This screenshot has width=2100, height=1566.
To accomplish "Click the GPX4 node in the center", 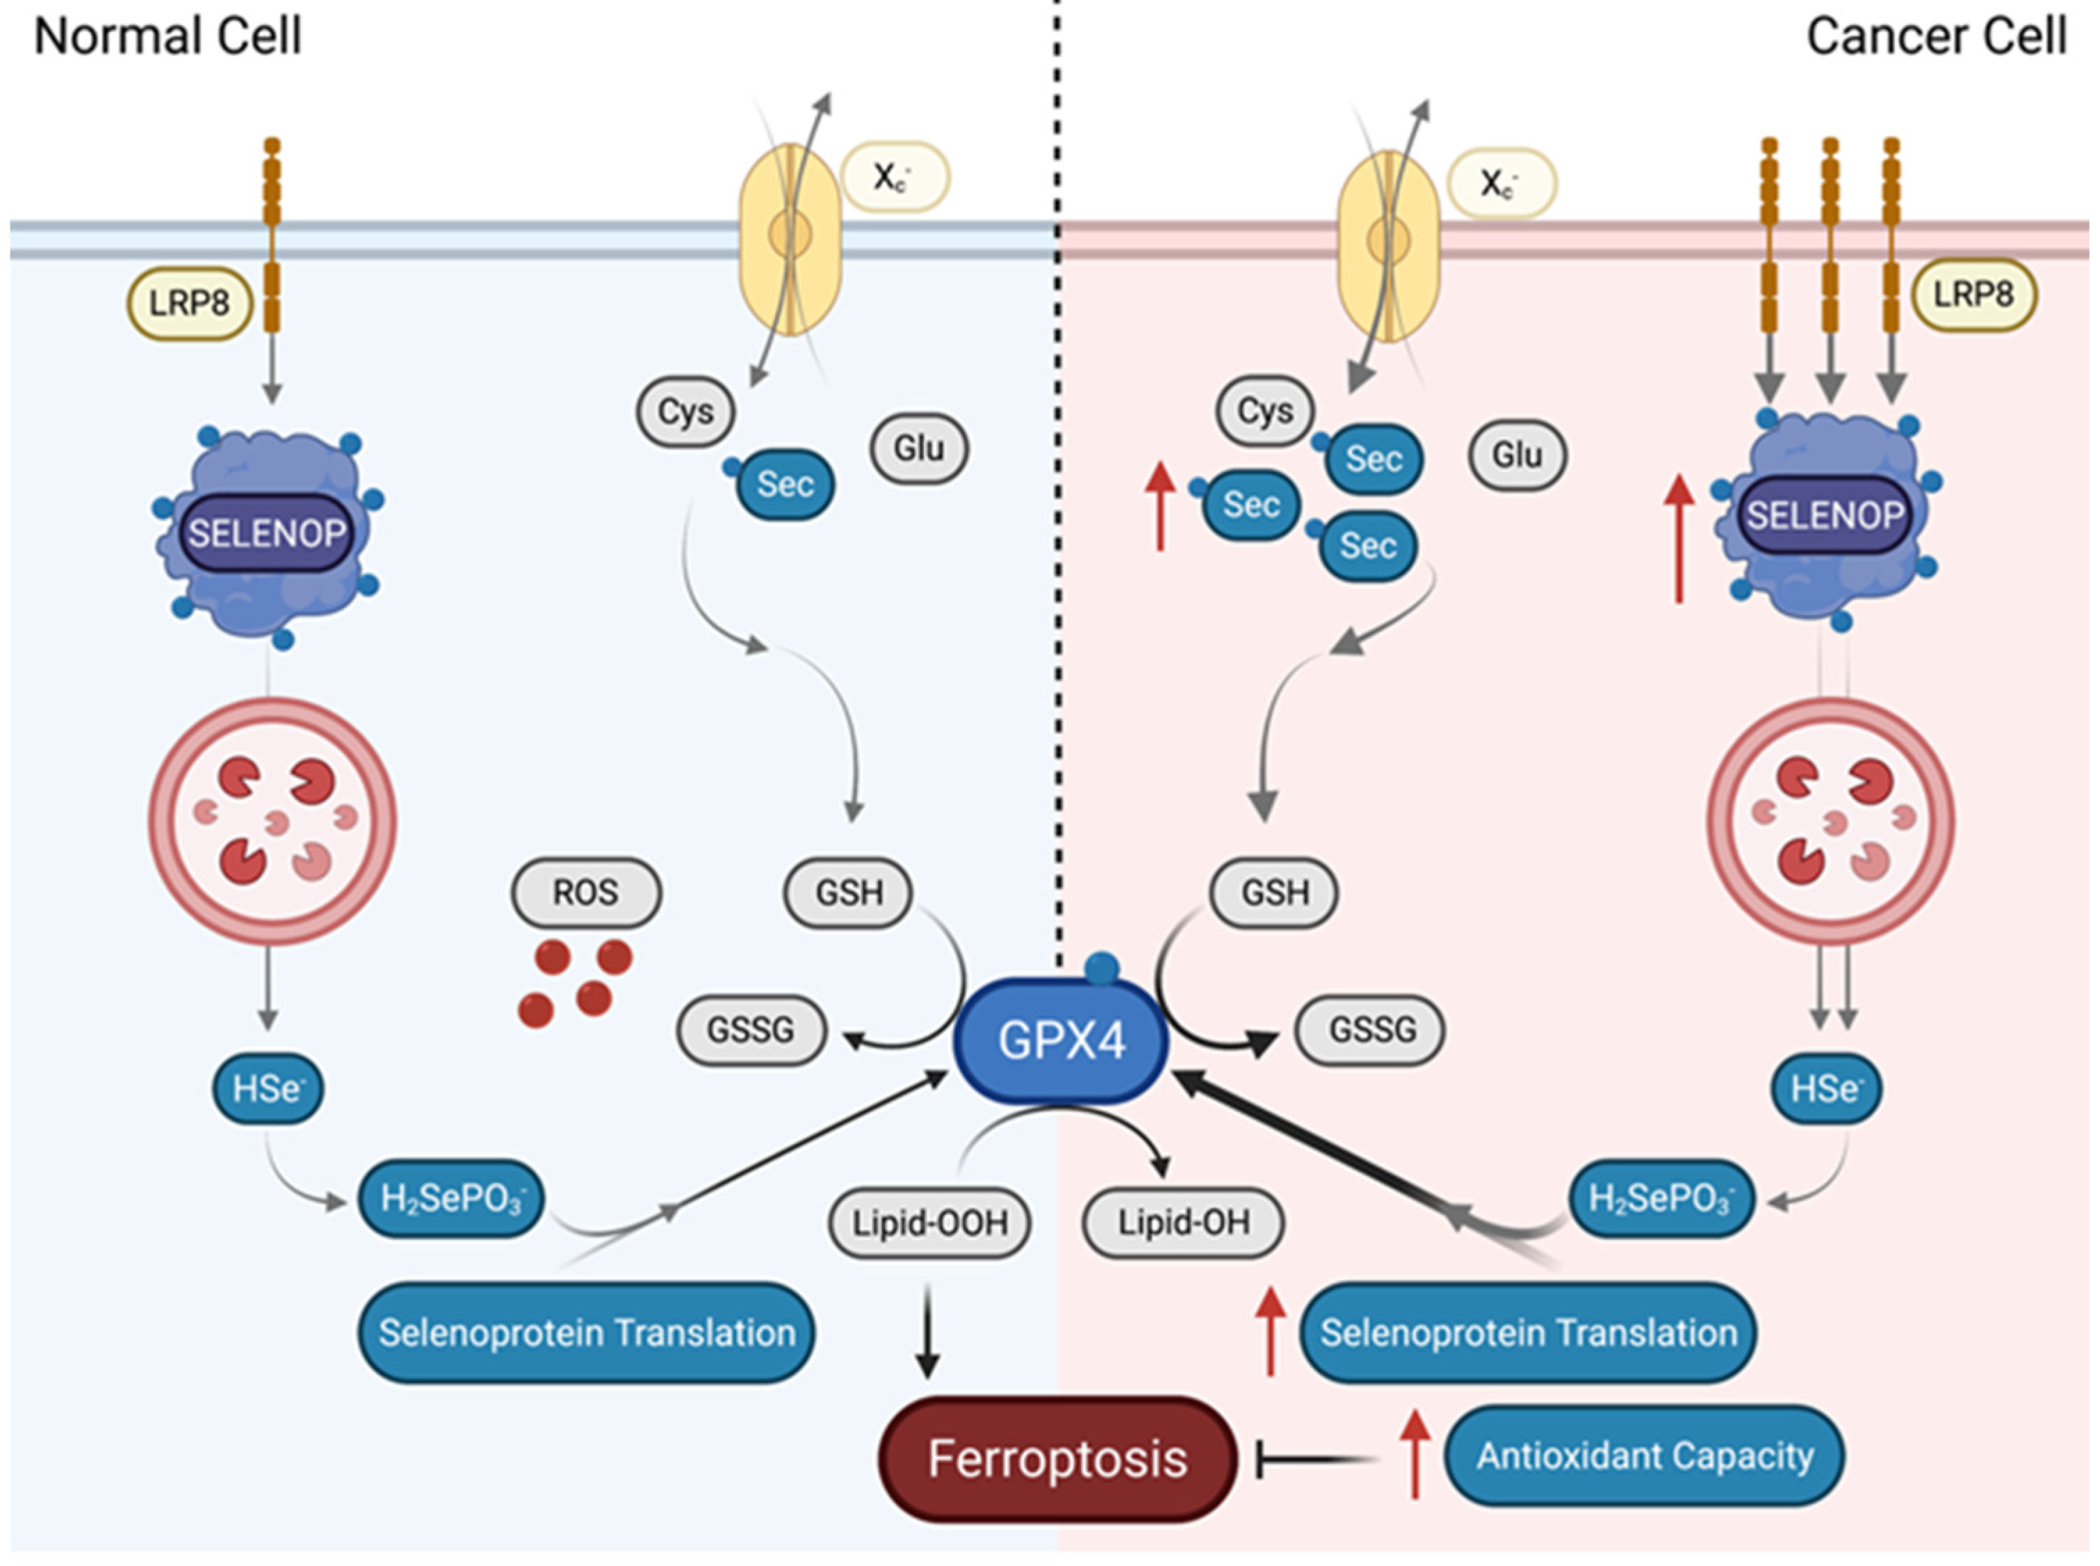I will (x=1060, y=1040).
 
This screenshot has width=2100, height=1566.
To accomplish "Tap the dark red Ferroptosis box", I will (x=1057, y=1459).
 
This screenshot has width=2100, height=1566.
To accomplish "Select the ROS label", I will (x=586, y=892).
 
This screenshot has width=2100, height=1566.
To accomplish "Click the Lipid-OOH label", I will (x=929, y=1223).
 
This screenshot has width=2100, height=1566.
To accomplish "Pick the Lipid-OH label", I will (x=1182, y=1223).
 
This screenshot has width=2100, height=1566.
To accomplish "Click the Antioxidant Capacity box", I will (x=1644, y=1455).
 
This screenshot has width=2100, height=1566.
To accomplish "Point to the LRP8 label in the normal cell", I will (x=190, y=303).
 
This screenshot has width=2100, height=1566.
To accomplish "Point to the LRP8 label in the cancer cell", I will (x=1973, y=294).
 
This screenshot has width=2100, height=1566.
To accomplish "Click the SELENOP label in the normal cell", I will (x=266, y=532).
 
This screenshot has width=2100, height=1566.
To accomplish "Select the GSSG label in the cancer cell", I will (x=1371, y=1029).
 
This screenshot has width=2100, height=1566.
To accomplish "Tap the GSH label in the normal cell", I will (x=849, y=892).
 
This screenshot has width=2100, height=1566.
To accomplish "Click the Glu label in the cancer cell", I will (x=1517, y=455).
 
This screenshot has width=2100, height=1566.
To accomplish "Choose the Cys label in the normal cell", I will (x=685, y=411).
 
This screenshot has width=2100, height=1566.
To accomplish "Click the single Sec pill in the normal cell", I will (x=785, y=484).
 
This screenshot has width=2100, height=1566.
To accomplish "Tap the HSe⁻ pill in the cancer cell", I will (x=1826, y=1088).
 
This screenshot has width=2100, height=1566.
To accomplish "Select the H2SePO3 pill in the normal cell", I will (x=451, y=1198).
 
